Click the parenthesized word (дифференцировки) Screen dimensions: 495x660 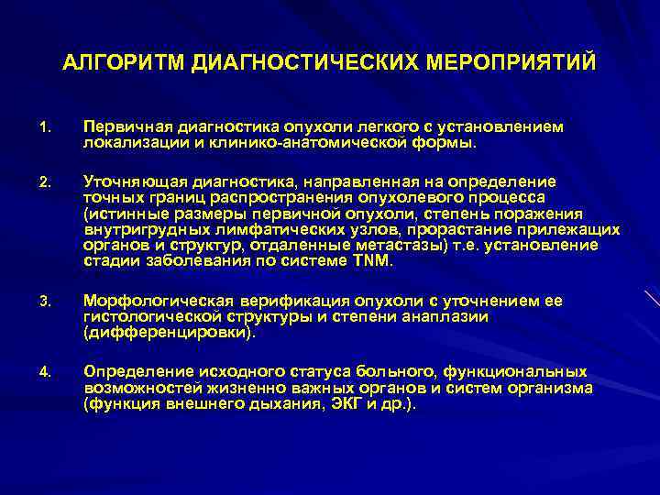tap(168, 333)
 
